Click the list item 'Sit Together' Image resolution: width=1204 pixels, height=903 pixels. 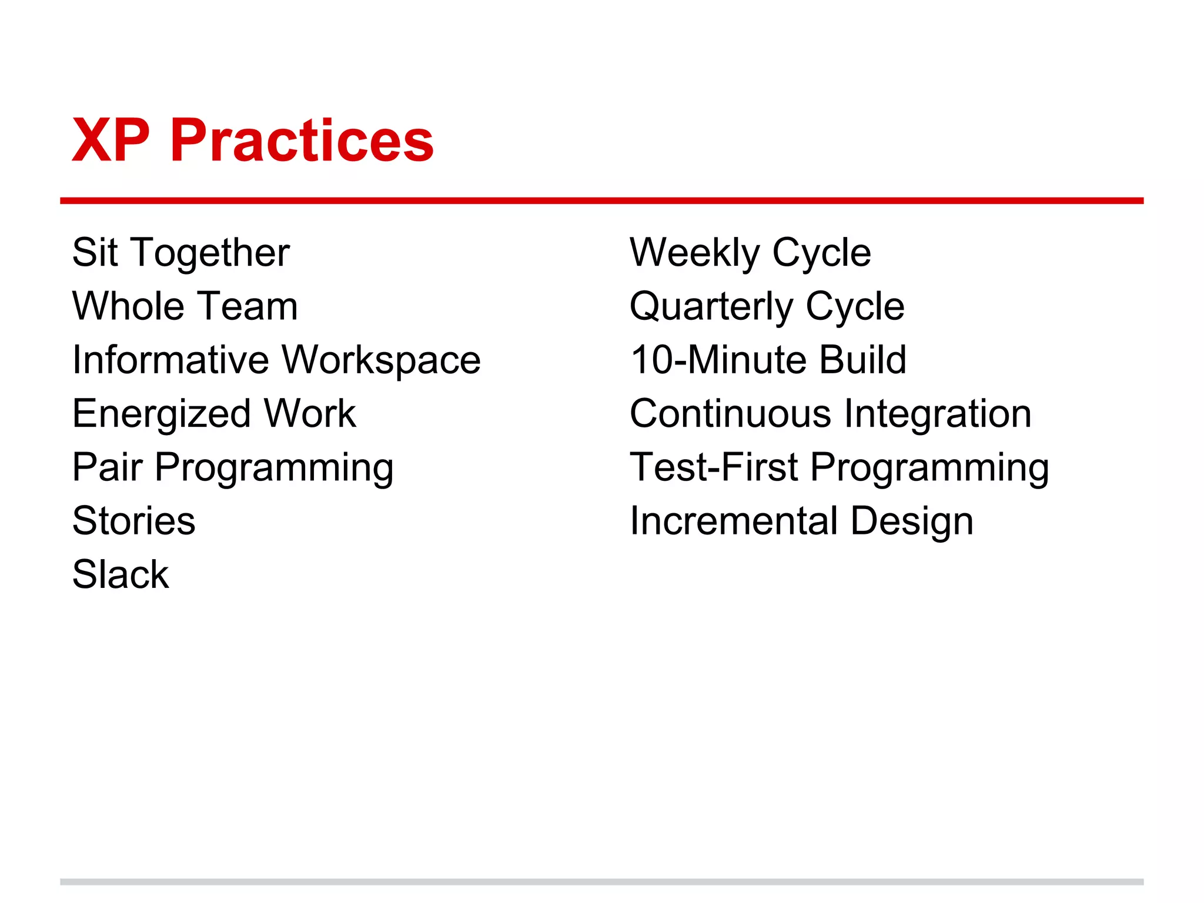coord(180,253)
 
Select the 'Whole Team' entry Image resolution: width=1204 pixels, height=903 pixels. coord(185,306)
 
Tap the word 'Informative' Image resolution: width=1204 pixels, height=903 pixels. coord(170,360)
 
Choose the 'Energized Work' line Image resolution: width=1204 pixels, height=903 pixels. coord(214,413)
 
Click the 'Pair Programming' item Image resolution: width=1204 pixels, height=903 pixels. coord(233,467)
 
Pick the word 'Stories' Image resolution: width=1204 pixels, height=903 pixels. coord(133,521)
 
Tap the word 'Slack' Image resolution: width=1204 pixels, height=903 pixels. coord(121,574)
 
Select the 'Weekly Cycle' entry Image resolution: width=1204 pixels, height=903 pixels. coord(750,253)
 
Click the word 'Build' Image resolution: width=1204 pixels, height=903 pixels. coord(862,360)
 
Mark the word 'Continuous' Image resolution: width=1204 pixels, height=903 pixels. coord(730,413)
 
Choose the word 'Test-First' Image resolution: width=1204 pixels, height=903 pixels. coord(714,467)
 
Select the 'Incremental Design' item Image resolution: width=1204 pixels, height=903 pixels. coord(801,521)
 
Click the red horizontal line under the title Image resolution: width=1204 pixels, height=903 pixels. coord(601,201)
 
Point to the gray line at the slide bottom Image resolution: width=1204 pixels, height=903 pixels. coord(601,882)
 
